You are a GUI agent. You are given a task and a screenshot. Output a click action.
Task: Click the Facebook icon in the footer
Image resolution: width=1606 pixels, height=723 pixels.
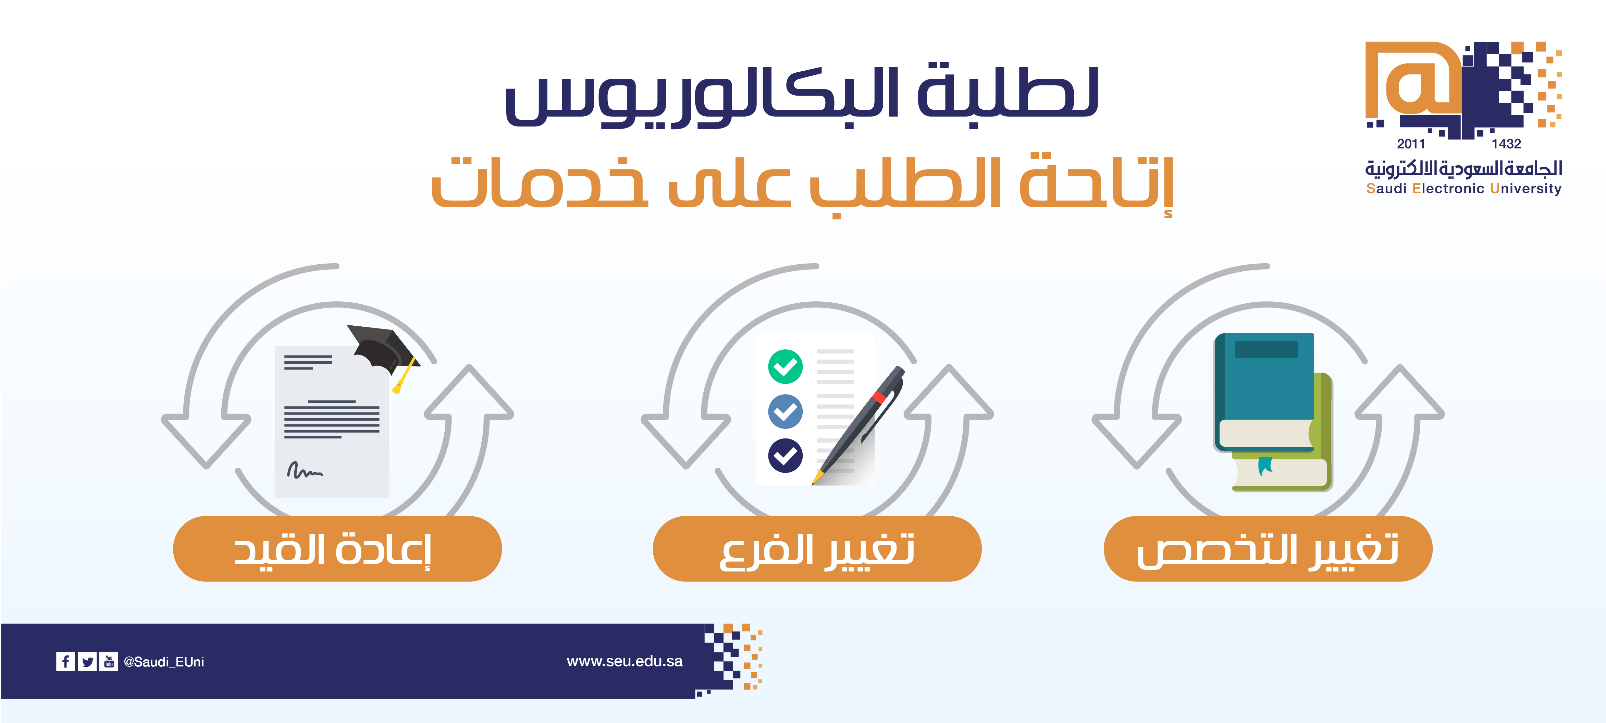click(65, 661)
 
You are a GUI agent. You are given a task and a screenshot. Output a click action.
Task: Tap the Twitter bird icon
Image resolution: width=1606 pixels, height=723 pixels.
click(87, 661)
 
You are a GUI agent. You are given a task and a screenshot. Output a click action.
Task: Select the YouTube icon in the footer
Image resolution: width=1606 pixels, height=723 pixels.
click(109, 661)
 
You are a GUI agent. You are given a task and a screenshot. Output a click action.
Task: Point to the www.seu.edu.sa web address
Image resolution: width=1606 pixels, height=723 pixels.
click(624, 661)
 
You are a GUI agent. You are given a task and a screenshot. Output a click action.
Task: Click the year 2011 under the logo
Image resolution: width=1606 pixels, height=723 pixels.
click(1411, 144)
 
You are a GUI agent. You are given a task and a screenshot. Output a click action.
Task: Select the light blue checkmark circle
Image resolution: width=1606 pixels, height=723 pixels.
click(785, 411)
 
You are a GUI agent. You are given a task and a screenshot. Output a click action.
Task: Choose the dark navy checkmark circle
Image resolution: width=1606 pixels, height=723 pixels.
click(785, 455)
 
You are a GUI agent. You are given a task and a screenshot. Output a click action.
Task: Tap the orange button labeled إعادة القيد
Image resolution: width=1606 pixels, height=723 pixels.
click(337, 549)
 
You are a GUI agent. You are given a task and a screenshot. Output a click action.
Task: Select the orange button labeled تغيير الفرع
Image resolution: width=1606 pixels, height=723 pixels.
click(817, 549)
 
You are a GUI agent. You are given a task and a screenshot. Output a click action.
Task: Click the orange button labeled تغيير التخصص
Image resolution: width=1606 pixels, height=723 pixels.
click(1268, 549)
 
